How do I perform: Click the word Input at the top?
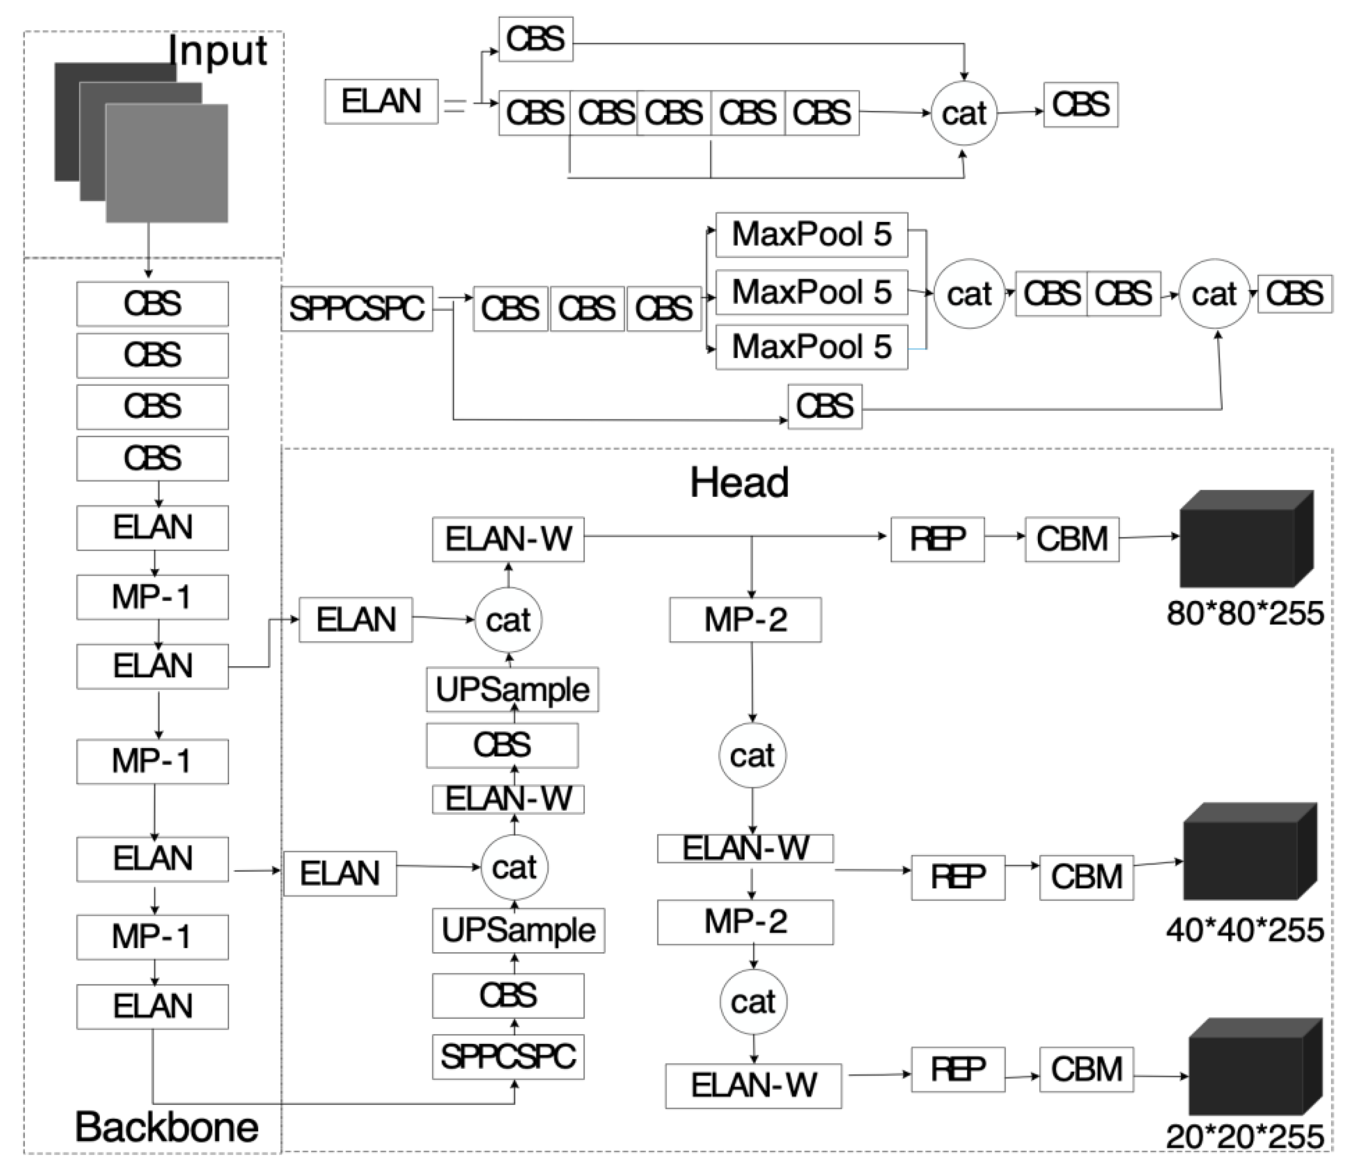(x=217, y=51)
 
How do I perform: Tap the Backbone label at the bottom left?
(x=167, y=1127)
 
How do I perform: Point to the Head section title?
(x=739, y=483)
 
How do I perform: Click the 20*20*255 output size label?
(x=1245, y=1136)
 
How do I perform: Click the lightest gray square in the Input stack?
(x=167, y=163)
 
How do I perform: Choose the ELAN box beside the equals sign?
(x=381, y=101)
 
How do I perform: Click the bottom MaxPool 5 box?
(x=811, y=347)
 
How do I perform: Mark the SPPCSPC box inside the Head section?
(x=508, y=1057)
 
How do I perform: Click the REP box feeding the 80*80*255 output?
(x=938, y=539)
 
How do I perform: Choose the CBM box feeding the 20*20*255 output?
(x=1086, y=1070)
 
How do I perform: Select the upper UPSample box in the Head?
(x=512, y=690)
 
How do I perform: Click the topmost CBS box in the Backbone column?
(x=152, y=304)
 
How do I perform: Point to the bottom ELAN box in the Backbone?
(x=152, y=1007)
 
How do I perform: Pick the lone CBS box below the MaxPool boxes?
(x=824, y=407)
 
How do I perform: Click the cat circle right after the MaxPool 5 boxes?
(x=969, y=294)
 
